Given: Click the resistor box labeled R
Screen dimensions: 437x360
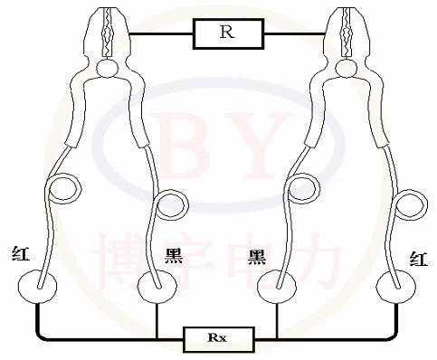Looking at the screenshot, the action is tap(228, 34).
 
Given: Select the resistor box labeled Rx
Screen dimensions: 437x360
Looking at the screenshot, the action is tap(217, 338).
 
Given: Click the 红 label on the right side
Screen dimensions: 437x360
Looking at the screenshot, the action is tap(418, 260).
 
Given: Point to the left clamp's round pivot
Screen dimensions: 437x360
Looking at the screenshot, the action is tap(109, 67).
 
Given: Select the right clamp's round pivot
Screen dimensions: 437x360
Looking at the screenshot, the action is tap(347, 67).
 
